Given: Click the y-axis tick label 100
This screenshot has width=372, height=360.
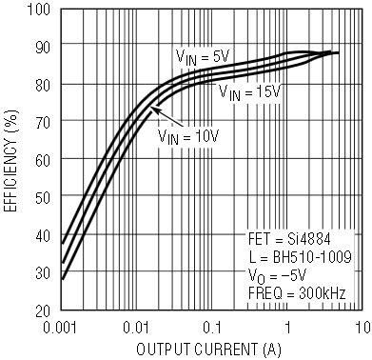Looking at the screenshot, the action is [x=38, y=10].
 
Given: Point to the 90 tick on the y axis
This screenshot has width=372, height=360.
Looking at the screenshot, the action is [x=43, y=48].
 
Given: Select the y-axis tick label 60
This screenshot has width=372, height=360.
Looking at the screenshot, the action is [x=43, y=161].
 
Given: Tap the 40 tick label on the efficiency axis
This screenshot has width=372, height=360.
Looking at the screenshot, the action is [x=43, y=235].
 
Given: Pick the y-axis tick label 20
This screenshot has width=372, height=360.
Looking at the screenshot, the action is [x=43, y=310].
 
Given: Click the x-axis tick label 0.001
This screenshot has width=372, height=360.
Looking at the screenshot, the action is [x=60, y=328].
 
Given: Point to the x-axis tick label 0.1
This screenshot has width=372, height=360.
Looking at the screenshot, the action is [x=212, y=328].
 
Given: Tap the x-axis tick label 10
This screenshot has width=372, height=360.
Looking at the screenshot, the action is [x=362, y=328].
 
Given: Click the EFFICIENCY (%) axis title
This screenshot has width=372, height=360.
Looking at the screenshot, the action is [x=11, y=161].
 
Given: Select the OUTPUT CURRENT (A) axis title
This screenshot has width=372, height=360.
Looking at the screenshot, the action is [x=208, y=350].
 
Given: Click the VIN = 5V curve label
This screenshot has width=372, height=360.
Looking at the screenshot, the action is [x=203, y=57].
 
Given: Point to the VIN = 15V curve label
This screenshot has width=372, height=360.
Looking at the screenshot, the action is [x=250, y=92].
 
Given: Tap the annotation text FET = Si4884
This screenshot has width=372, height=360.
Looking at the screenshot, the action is [x=289, y=239].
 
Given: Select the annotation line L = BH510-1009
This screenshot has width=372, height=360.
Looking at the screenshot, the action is [x=300, y=256].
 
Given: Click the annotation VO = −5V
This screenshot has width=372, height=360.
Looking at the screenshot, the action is [x=277, y=275].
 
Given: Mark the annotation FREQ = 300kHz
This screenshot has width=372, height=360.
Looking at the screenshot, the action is [x=297, y=293].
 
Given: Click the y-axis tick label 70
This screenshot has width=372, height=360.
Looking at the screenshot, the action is [x=43, y=123].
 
